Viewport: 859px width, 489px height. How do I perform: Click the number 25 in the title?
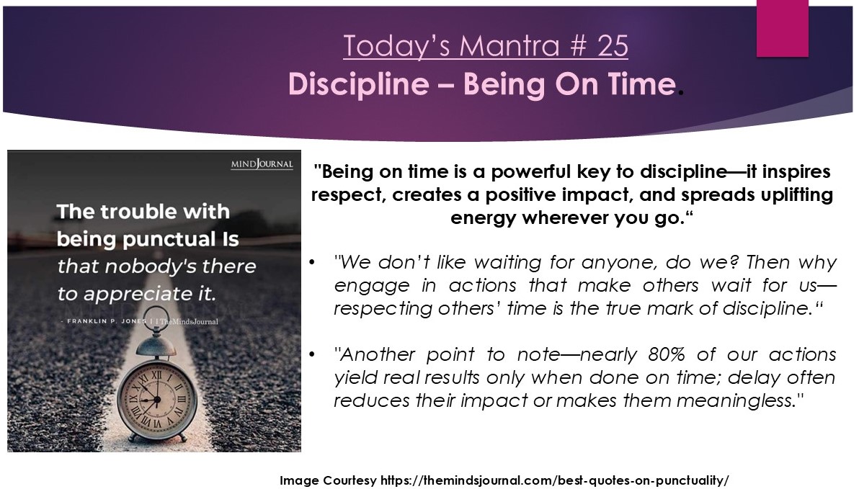click(x=613, y=45)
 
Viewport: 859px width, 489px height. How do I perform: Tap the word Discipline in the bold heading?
click(x=359, y=85)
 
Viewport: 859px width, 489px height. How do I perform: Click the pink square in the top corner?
click(x=783, y=27)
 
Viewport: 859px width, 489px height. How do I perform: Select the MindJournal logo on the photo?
click(x=262, y=163)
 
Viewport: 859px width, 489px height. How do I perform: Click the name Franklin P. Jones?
click(x=106, y=321)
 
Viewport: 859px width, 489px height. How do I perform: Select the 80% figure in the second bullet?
click(x=666, y=354)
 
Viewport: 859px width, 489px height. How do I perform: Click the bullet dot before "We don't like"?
click(x=312, y=261)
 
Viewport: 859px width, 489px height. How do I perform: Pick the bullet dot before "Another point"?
click(x=312, y=354)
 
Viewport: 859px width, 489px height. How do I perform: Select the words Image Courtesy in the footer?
click(x=328, y=480)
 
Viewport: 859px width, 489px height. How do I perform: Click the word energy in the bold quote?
click(x=483, y=218)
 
